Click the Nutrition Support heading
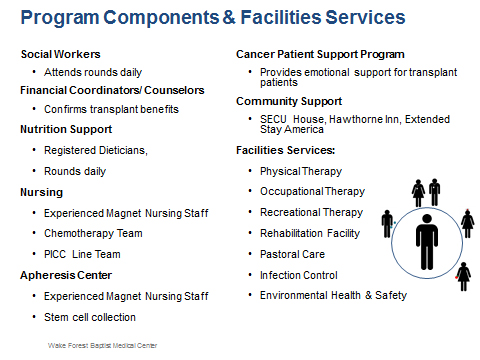point(66,129)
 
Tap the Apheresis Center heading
point(66,274)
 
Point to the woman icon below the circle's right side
point(462,275)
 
